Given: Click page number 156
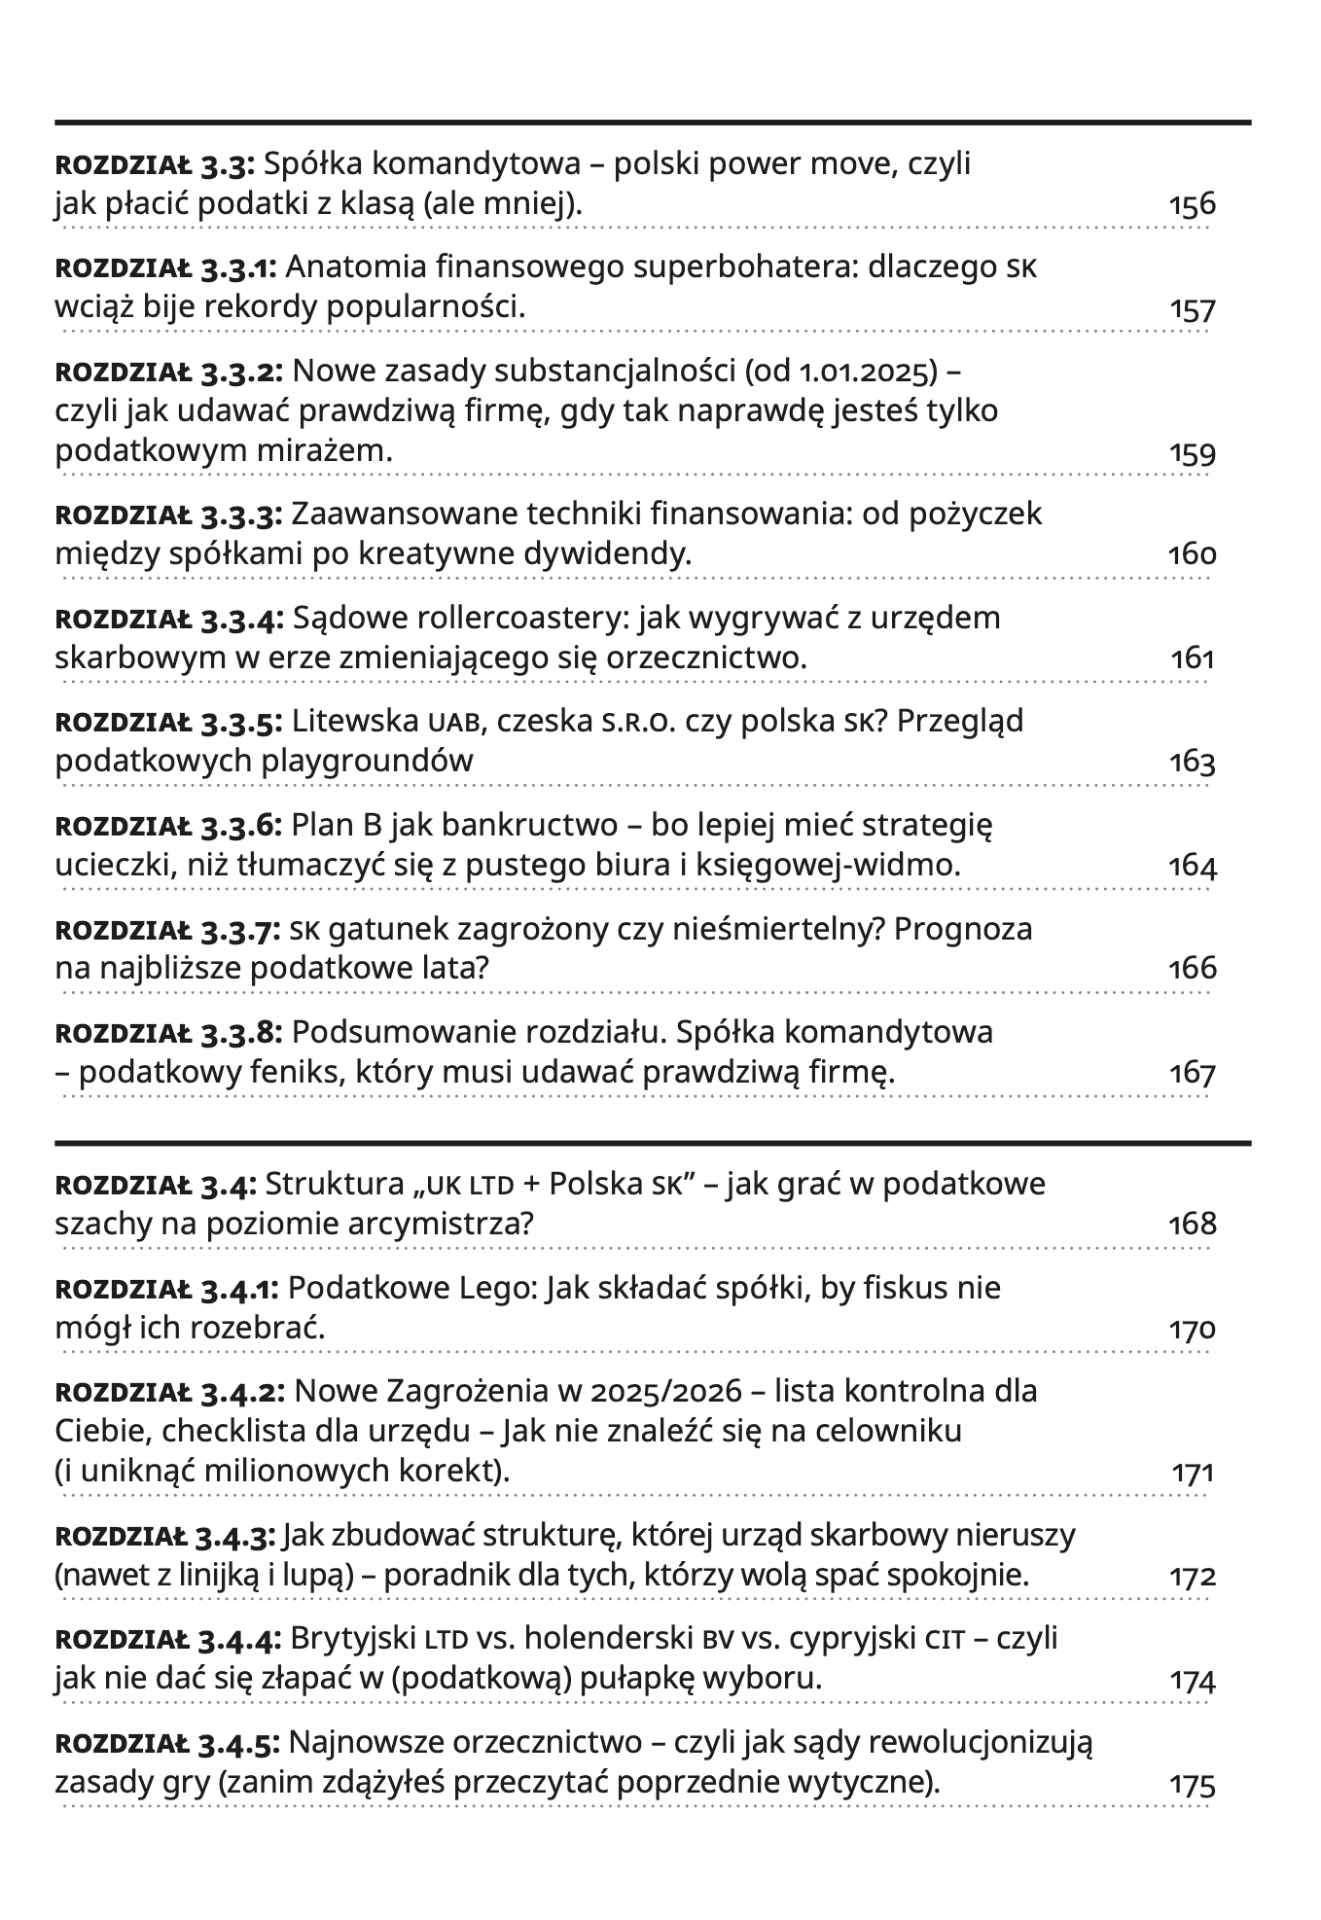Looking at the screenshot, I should [x=1192, y=205].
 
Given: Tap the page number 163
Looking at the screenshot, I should [x=1192, y=762].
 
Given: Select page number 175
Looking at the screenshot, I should [x=1192, y=1786].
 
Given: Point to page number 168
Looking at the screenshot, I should [x=1192, y=1224].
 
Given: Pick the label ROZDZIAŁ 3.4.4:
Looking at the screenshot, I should [x=168, y=1640].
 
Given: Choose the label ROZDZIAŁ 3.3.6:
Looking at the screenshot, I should [x=168, y=827].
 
